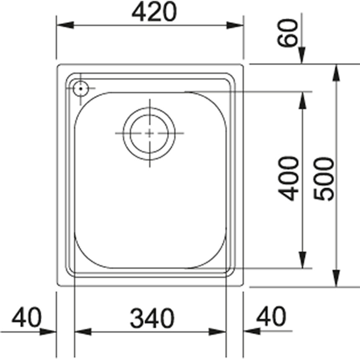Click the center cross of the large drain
[x=149, y=134]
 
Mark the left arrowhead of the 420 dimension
[x=65, y=25]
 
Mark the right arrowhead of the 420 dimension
[x=235, y=25]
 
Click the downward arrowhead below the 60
[x=303, y=57]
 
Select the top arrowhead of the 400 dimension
[x=303, y=100]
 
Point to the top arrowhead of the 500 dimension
[x=336, y=72]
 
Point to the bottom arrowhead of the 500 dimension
[x=336, y=279]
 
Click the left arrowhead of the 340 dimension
[x=82, y=332]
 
